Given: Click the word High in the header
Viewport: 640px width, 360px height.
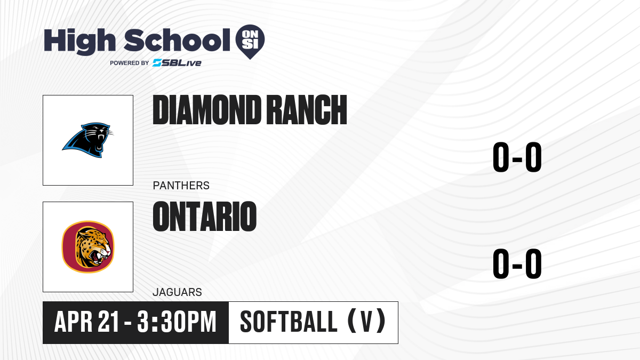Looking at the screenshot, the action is point(79,41).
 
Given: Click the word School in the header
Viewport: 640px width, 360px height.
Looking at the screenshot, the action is point(177,40).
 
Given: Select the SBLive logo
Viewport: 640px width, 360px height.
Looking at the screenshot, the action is point(177,63).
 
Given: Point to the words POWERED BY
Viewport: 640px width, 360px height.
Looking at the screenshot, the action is point(130,63).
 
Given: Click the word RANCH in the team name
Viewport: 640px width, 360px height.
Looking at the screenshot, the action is point(308,110).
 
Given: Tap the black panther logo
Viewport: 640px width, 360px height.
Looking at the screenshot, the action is point(87,140).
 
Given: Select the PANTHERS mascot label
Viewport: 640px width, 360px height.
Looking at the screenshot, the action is point(181,186).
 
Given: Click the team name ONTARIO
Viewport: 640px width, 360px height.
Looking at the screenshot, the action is point(205,217).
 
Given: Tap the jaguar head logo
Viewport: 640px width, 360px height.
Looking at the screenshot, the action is point(88,247).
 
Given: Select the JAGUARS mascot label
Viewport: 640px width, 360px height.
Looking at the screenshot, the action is point(177,292).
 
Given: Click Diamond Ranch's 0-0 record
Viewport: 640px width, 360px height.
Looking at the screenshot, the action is point(517,157).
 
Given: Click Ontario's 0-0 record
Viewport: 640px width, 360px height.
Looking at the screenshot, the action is point(517,263).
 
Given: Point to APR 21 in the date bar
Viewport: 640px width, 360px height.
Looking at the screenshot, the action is point(86,322).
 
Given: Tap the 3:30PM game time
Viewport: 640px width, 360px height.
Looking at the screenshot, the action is point(177,322).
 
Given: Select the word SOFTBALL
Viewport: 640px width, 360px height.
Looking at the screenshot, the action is point(289,322).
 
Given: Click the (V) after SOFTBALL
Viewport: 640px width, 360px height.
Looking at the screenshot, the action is point(366,321).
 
